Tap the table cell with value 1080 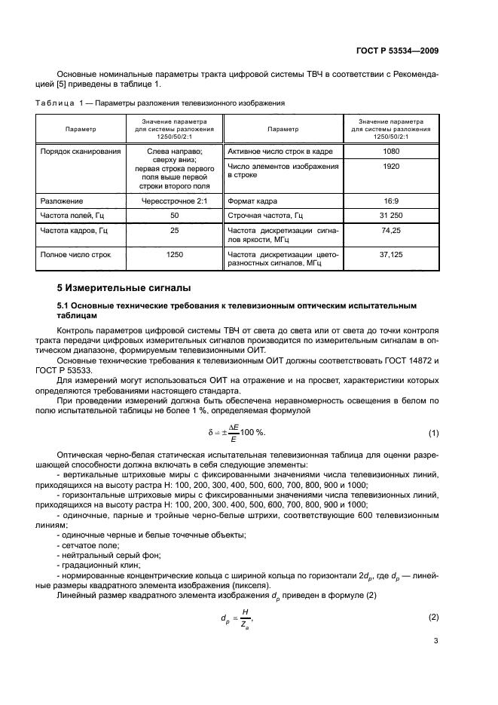[x=390, y=152]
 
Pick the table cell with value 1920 [x=390, y=166]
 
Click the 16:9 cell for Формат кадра [x=390, y=201]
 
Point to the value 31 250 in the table [x=390, y=216]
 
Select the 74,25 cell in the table [x=390, y=230]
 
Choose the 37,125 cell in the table [x=390, y=255]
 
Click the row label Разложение [x=61, y=201]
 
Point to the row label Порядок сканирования [x=81, y=152]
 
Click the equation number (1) [x=433, y=433]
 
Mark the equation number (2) [x=433, y=618]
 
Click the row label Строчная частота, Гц [x=264, y=216]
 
